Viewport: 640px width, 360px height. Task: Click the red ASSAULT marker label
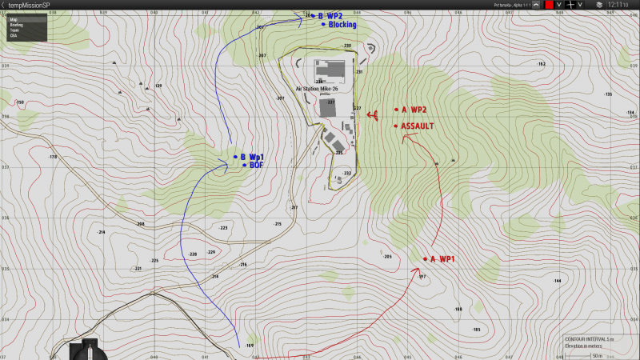click(418, 126)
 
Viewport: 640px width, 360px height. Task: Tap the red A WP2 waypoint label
click(414, 110)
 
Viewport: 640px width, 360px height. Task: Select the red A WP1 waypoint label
click(442, 259)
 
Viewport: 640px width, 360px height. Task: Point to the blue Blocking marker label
click(342, 25)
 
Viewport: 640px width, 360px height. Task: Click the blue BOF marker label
click(256, 166)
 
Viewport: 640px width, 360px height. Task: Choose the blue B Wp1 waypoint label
click(252, 157)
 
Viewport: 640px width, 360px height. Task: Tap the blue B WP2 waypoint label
click(330, 15)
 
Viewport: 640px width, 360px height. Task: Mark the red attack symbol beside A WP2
click(373, 115)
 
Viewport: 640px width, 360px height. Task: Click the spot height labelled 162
click(542, 64)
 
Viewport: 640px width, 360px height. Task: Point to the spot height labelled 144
click(557, 282)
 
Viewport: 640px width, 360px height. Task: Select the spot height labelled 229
click(211, 253)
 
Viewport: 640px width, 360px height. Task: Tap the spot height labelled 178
click(54, 157)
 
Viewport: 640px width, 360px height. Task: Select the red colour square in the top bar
click(550, 5)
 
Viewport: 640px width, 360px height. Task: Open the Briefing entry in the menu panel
click(17, 25)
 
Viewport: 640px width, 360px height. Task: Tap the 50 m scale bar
click(597, 355)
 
